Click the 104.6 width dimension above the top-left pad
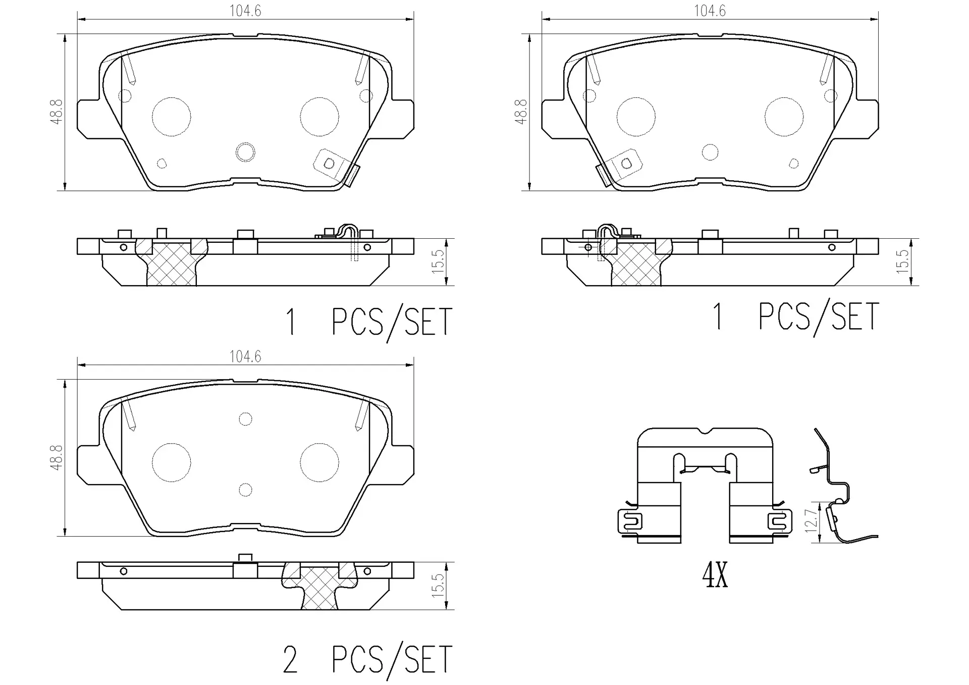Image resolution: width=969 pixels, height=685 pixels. pos(245,11)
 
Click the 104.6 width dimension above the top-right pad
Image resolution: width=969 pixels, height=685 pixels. pos(710,11)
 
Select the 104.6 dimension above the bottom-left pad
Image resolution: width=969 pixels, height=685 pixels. pos(245,356)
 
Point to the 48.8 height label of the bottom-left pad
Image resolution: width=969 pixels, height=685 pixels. pos(57,457)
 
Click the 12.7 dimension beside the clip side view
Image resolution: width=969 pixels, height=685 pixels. pos(811,520)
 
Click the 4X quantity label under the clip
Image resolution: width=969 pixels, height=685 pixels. pos(715,575)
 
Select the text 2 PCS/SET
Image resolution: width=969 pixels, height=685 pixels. pos(367,659)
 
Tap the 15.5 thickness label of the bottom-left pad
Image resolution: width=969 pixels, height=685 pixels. pos(438,585)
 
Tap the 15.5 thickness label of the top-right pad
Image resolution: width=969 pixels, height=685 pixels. pos(902,261)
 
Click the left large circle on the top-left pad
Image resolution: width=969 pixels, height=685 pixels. pos(172,117)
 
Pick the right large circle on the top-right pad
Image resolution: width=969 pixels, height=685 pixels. pos(784,117)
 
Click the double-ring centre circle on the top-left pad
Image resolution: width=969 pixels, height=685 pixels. pos(246,152)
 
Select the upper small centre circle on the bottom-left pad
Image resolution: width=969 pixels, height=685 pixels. pos(245,419)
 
